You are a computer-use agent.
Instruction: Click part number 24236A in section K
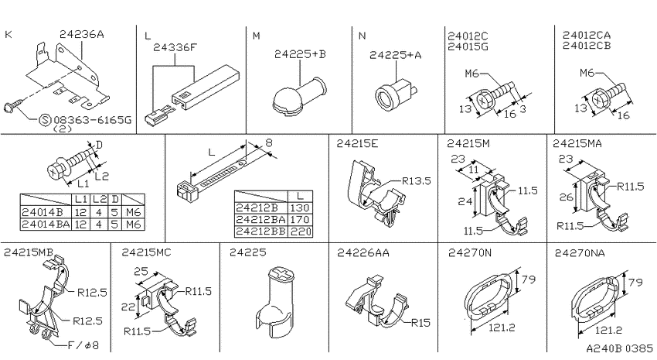click(81, 34)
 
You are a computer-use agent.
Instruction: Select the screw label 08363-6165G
click(92, 121)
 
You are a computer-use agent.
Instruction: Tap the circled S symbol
click(45, 121)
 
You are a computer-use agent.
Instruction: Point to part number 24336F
click(175, 47)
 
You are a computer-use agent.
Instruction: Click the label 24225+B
click(300, 54)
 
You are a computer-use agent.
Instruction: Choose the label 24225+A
click(395, 55)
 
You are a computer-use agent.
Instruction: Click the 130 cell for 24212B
click(300, 207)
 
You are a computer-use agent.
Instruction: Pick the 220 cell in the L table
click(300, 231)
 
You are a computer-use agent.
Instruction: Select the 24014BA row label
click(46, 225)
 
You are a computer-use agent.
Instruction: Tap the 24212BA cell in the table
click(260, 219)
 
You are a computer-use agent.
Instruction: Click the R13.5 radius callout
click(416, 181)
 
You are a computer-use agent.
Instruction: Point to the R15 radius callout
click(420, 322)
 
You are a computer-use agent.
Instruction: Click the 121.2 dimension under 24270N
click(502, 327)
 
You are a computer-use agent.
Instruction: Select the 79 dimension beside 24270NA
click(635, 282)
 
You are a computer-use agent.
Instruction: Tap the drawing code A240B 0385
click(619, 348)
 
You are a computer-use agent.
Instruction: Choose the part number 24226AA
click(363, 252)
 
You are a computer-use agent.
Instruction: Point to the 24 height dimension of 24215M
click(465, 201)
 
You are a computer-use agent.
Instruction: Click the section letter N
click(363, 36)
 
